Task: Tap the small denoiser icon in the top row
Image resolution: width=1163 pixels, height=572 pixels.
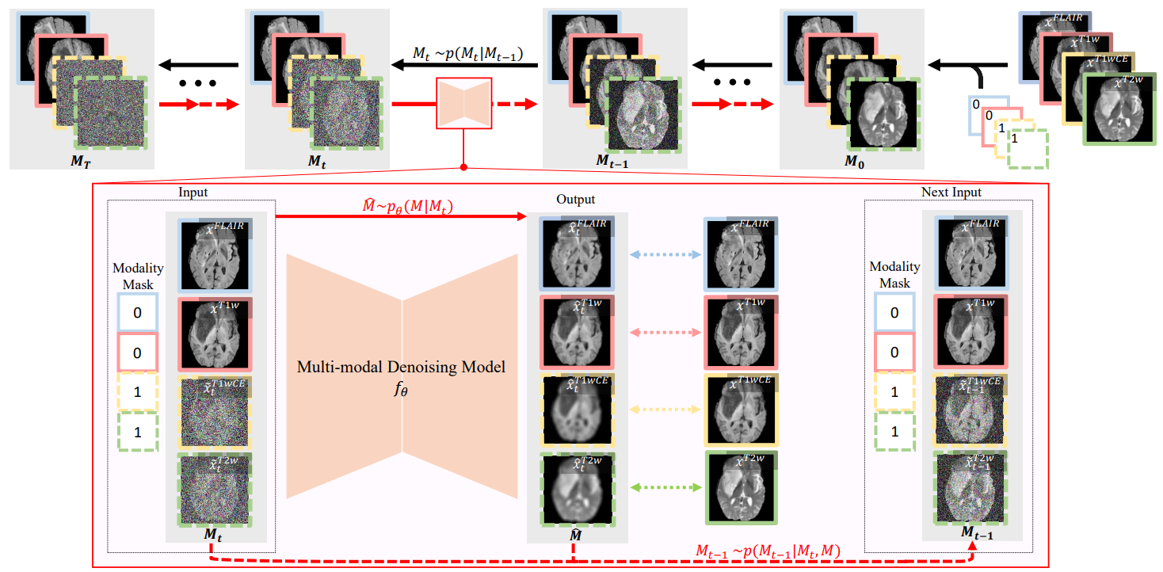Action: tap(463, 103)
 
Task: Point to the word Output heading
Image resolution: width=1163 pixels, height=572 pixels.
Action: tap(575, 199)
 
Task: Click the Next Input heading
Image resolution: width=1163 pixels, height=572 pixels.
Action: tap(951, 193)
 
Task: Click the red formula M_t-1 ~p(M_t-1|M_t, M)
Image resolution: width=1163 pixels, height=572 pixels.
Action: tap(768, 550)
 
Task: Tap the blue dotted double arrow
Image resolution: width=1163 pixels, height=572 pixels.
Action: tap(665, 255)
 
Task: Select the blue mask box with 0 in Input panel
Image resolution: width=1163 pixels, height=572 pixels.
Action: tap(137, 313)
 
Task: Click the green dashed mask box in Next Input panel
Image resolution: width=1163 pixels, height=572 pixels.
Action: tap(894, 432)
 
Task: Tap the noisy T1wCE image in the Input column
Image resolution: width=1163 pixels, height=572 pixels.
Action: tap(211, 413)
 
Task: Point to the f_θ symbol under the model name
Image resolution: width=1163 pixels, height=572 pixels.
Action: tap(402, 389)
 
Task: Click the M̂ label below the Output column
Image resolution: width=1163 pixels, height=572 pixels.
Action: tap(578, 536)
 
